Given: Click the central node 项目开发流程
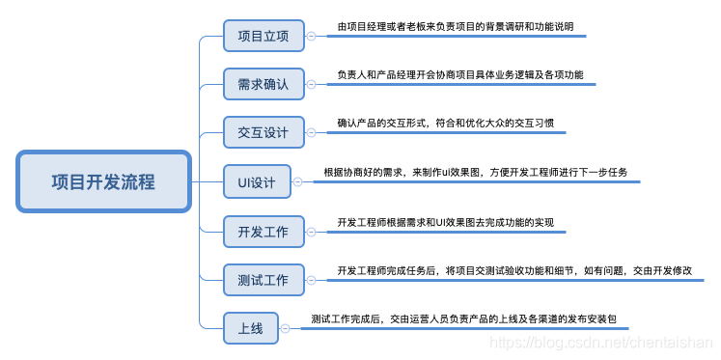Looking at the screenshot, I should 103,181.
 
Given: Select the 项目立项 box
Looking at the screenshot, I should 263,37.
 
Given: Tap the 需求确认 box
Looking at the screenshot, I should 263,84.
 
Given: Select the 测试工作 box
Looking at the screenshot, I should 263,280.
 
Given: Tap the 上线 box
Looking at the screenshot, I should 250,328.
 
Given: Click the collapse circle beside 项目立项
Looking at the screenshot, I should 310,37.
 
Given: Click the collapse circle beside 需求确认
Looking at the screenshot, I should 310,84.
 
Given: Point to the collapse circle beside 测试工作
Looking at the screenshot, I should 310,280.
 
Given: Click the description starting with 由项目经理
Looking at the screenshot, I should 455,27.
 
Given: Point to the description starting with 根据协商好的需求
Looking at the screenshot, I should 475,172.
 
